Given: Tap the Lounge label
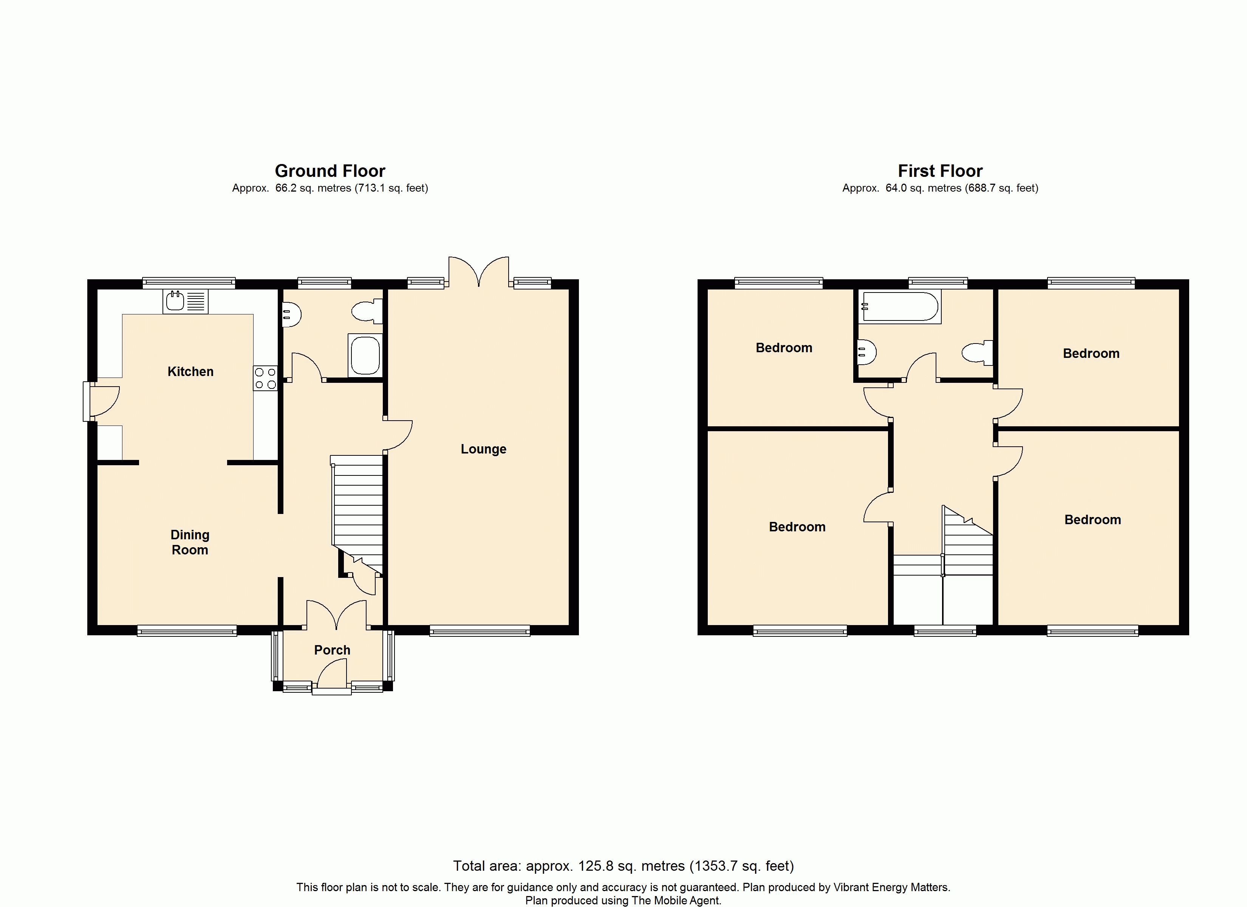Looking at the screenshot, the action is [x=483, y=449].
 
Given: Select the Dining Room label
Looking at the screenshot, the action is [x=190, y=542].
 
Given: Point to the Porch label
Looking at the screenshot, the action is [x=332, y=650].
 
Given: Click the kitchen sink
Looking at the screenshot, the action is [x=185, y=302].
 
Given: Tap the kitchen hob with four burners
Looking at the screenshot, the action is [x=265, y=378].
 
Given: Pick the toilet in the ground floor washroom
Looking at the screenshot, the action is [x=367, y=311].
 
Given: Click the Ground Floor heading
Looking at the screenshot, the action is [x=330, y=171].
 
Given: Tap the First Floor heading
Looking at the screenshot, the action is [x=940, y=171].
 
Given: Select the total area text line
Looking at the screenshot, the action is [x=623, y=866].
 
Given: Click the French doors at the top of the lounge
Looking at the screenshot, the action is [x=479, y=271].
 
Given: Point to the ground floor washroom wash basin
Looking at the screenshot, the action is [x=291, y=315].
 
